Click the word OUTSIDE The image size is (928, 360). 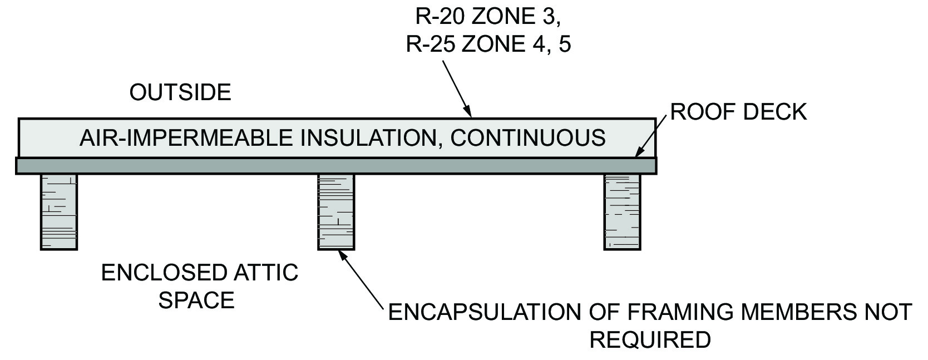(180, 92)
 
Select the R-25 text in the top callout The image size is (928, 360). (431, 45)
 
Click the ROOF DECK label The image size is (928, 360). (738, 112)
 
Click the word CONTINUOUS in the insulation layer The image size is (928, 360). (528, 137)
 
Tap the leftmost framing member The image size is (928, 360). (58, 211)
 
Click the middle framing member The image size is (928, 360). (336, 211)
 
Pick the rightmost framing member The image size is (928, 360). (622, 211)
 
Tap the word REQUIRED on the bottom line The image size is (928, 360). (650, 339)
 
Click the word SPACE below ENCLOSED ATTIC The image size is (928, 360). (196, 300)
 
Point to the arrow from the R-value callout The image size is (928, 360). (457, 88)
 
